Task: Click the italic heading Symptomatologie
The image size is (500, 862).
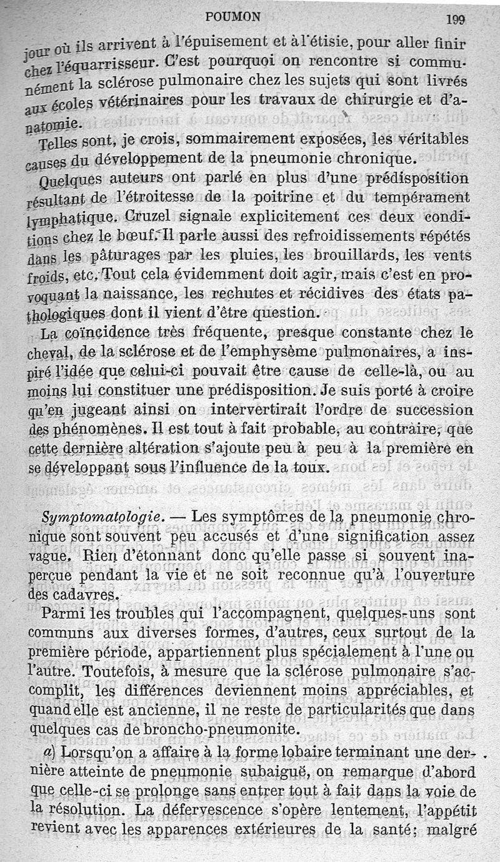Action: click(x=101, y=518)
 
